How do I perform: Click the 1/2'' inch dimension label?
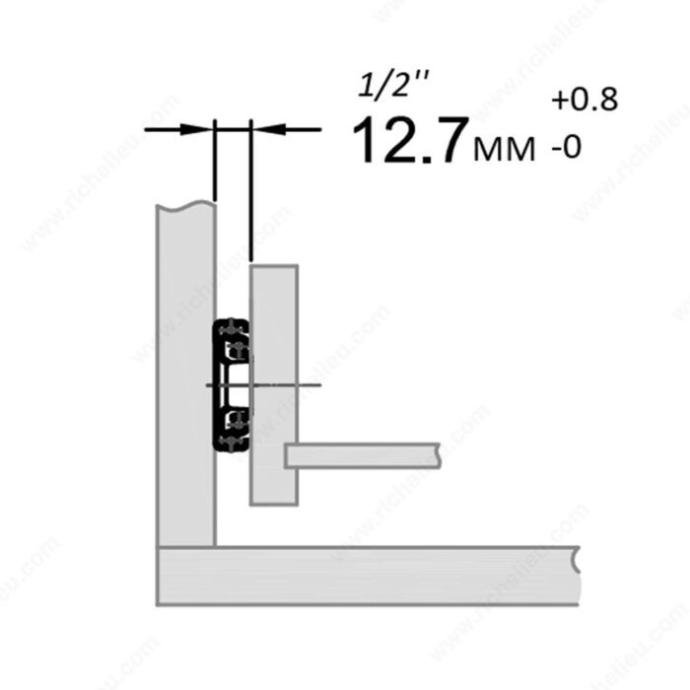[393, 85]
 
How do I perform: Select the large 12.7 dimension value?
[409, 140]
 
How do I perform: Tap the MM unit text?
[505, 148]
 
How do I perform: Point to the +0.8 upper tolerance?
[585, 100]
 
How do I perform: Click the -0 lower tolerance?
[567, 147]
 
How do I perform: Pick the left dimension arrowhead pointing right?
[197, 129]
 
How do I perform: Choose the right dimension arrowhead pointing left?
[269, 129]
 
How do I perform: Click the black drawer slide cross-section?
[232, 384]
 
